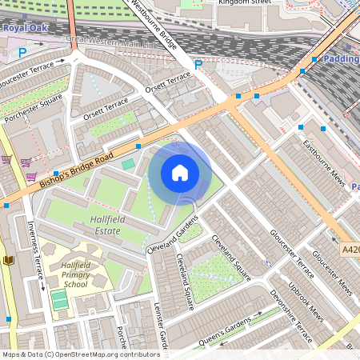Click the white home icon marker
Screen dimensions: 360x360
(x=180, y=172)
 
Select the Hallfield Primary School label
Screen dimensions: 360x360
(x=76, y=274)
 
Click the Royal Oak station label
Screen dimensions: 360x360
(x=25, y=28)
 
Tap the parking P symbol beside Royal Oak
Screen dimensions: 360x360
(x=22, y=53)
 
